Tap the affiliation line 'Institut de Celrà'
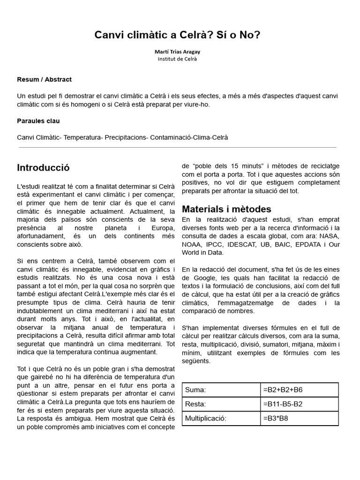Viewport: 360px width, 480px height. pyautogui.click(x=177, y=59)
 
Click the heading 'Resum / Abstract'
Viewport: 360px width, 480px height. pyautogui.click(x=44, y=80)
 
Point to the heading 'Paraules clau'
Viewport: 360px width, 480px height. pyautogui.click(x=38, y=121)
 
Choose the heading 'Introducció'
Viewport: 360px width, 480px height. pyautogui.click(x=43, y=168)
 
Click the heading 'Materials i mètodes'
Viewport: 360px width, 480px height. pyautogui.click(x=226, y=209)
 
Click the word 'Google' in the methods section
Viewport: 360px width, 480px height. pyautogui.click(x=202, y=278)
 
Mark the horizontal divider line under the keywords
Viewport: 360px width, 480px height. pyautogui.click(x=177, y=148)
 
